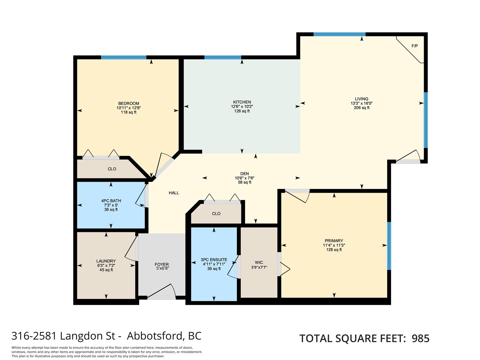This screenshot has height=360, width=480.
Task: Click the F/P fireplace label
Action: pos(414,46)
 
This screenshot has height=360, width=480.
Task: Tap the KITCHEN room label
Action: pos(242,102)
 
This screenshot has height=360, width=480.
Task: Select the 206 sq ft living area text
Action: pos(361,107)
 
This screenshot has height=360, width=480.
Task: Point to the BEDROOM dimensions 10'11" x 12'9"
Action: pos(129,108)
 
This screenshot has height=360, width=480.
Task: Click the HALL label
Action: pos(174,193)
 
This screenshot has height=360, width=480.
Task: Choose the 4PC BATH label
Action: pos(111,201)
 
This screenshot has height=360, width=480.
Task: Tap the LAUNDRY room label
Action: pos(106,261)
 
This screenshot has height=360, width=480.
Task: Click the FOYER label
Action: pos(162,265)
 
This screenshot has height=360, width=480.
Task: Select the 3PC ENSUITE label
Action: pos(214,260)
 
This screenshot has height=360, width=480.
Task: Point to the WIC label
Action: pos(259,262)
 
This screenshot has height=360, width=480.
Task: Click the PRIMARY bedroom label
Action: pos(334,241)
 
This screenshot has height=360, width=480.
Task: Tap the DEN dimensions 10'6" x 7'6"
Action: pos(244,178)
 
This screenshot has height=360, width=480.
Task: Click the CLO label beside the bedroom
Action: pos(112,169)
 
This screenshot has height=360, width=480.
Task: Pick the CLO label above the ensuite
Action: pos(216,214)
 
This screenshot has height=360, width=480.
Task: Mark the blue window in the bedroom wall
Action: pos(124,58)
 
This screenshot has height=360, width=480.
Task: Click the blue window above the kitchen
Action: pos(223,58)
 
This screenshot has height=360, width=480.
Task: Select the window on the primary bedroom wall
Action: pos(389,246)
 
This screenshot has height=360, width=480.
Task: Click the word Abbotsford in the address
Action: pos(154,336)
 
